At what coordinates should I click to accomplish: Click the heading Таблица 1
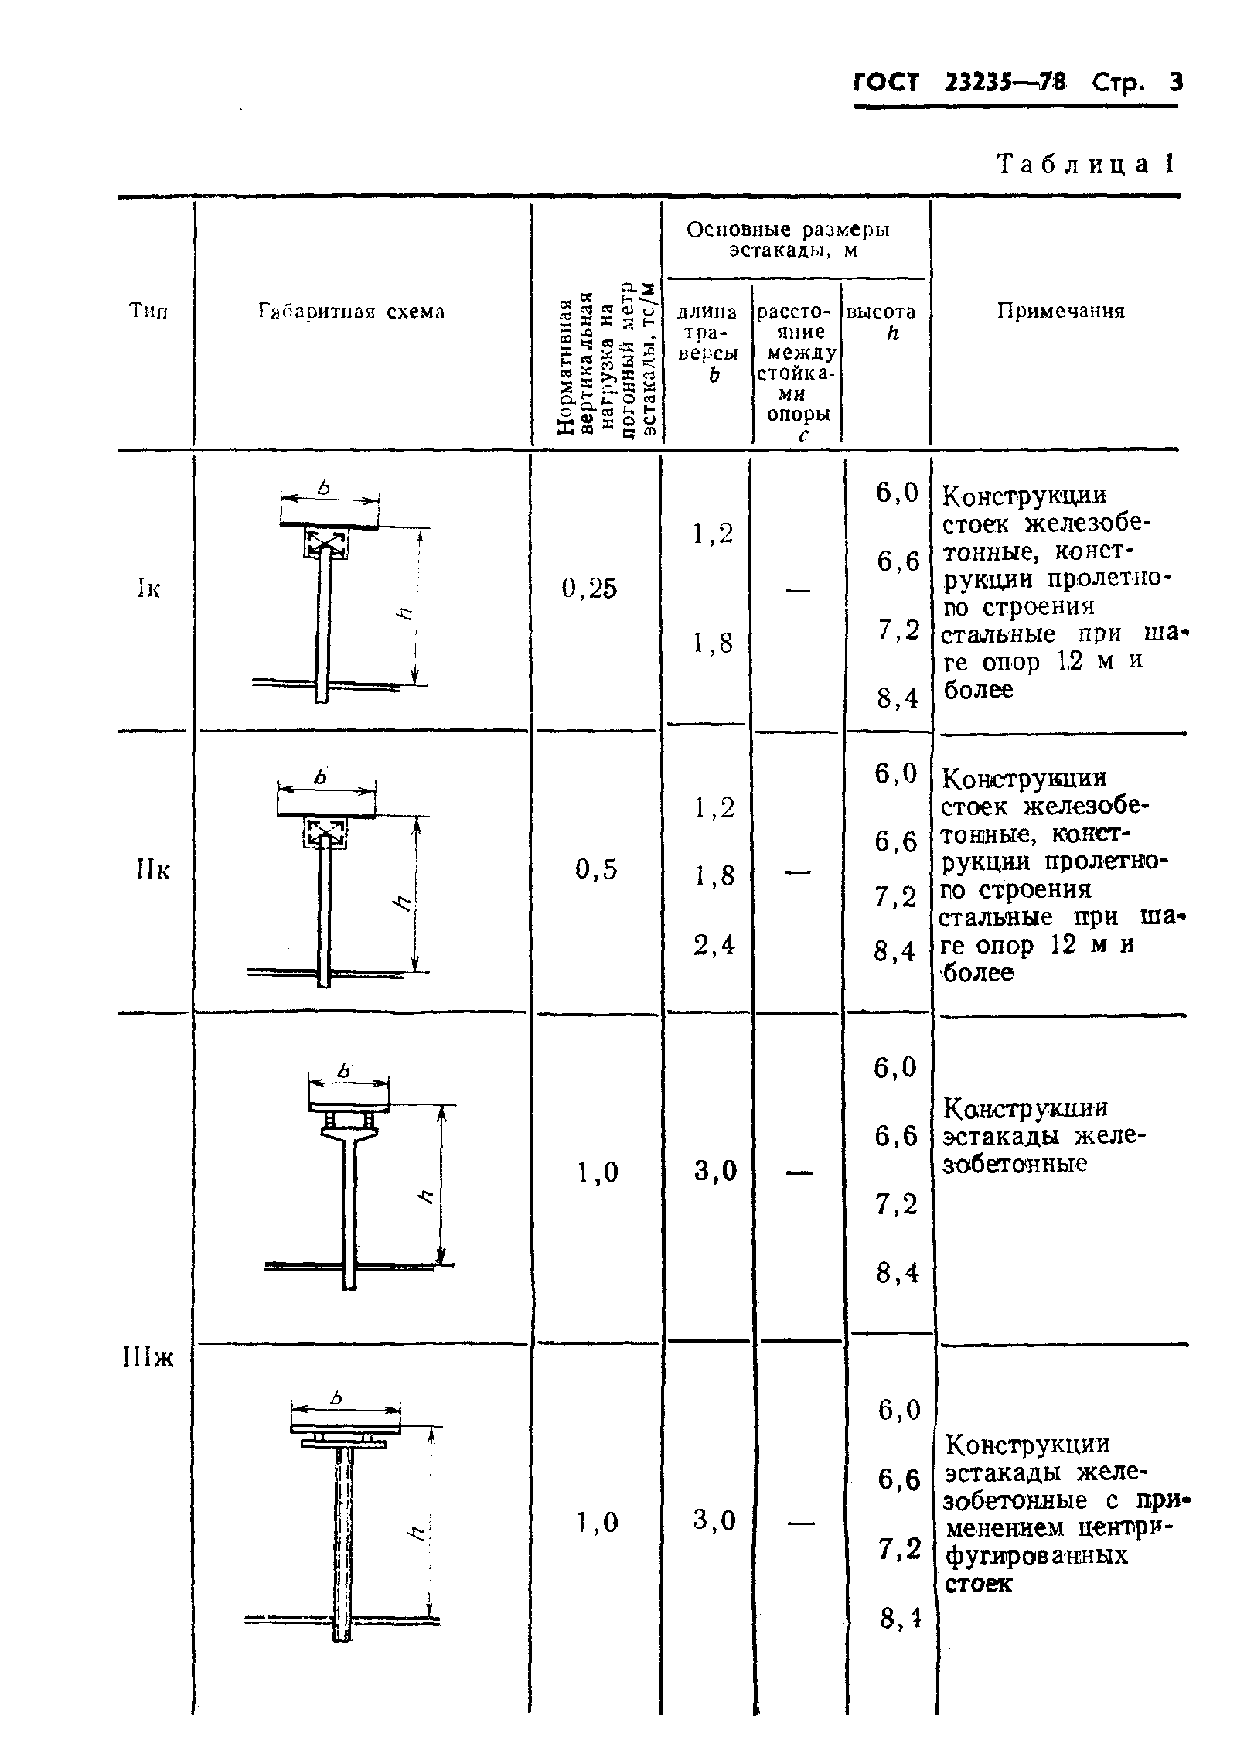pos(1086,164)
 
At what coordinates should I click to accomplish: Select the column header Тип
pos(148,311)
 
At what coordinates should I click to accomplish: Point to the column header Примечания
pos(1060,311)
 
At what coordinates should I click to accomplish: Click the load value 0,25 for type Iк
pos(590,589)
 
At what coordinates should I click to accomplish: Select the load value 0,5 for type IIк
pos(596,871)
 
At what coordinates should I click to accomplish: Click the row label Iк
pos(148,589)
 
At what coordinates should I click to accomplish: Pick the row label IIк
pos(152,871)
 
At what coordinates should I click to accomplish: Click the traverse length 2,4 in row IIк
pos(713,945)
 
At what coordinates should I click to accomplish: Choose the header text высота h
pos(881,322)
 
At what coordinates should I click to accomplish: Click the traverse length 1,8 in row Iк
pos(713,643)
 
